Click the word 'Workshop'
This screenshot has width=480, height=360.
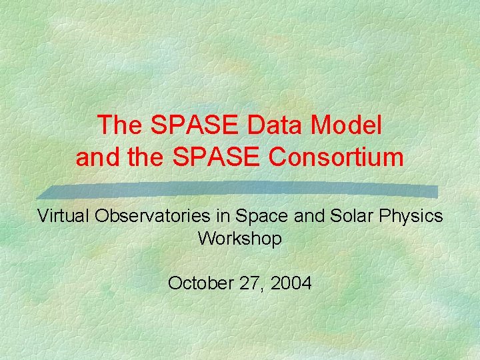[x=240, y=238]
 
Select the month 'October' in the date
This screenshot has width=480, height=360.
[x=195, y=283]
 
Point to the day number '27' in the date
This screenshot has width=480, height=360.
[x=245, y=283]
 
